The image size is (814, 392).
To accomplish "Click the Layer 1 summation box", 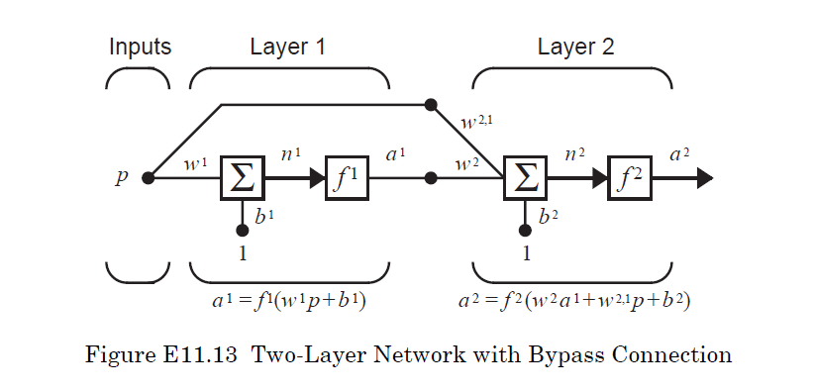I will tap(241, 178).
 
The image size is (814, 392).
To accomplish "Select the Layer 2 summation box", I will tap(526, 178).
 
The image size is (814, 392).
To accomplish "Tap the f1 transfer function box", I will tap(346, 178).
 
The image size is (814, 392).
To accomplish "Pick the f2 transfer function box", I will tap(630, 178).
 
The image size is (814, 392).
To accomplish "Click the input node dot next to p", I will tap(149, 178).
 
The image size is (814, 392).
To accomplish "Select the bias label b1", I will tap(263, 215).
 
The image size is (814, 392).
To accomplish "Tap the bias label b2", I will tap(548, 215).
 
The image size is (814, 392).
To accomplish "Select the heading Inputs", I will tap(140, 47).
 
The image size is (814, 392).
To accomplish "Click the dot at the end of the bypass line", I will tap(430, 103).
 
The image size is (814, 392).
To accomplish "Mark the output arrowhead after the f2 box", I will tap(703, 178).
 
